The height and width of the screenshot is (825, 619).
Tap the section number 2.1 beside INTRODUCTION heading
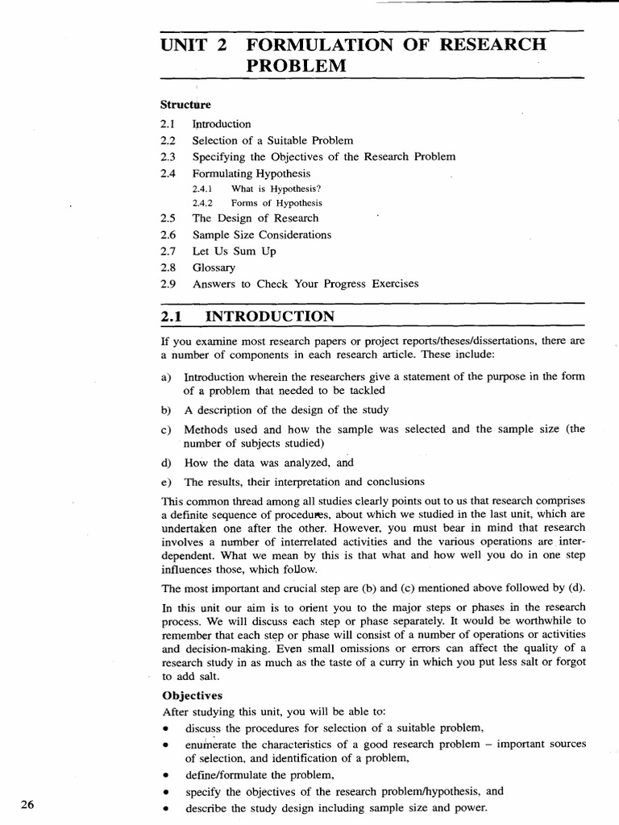point(174,316)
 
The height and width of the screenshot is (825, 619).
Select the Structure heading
point(185,105)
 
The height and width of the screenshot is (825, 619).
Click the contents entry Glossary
point(214,267)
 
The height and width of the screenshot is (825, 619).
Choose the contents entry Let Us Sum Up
point(234,251)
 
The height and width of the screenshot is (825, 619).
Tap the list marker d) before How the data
point(167,462)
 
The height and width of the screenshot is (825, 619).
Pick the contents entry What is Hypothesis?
point(264,189)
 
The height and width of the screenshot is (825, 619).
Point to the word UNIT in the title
point(184,44)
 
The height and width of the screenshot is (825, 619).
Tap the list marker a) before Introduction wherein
point(167,377)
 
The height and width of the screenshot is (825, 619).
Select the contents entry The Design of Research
point(255,218)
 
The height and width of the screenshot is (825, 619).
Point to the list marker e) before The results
point(167,482)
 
